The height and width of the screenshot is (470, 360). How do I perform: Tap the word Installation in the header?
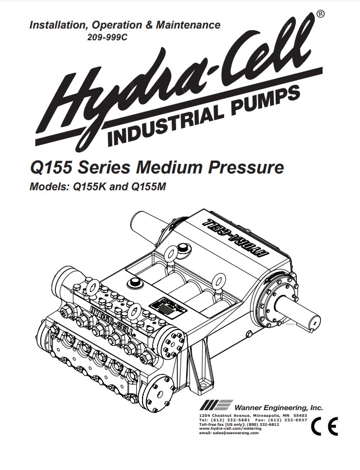(x=56, y=26)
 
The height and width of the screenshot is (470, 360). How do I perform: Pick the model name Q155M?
(x=154, y=187)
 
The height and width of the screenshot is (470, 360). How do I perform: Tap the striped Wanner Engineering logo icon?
(x=215, y=406)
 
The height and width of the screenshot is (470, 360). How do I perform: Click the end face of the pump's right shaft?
(x=315, y=323)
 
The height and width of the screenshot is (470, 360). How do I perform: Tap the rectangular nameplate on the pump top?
(x=162, y=307)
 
